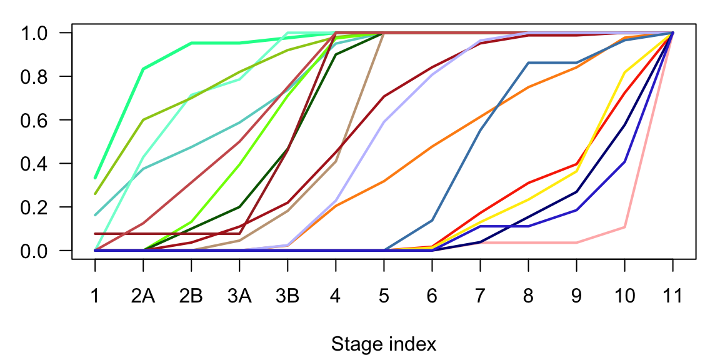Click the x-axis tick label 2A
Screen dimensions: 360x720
pyautogui.click(x=143, y=295)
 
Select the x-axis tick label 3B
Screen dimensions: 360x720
pyautogui.click(x=287, y=295)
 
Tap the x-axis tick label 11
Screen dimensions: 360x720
pyautogui.click(x=672, y=295)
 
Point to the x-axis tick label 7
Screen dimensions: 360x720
pyautogui.click(x=480, y=295)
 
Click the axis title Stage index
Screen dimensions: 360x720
pyautogui.click(x=384, y=344)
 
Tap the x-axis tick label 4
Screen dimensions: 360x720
pyautogui.click(x=336, y=295)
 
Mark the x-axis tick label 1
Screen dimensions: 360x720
pyautogui.click(x=95, y=295)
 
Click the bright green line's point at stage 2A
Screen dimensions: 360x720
pyautogui.click(x=143, y=69)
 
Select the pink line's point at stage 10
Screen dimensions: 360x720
pyautogui.click(x=624, y=227)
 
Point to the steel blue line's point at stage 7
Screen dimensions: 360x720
pyautogui.click(x=480, y=130)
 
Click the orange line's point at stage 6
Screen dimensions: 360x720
pyautogui.click(x=432, y=146)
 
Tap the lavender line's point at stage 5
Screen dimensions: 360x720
pyautogui.click(x=384, y=122)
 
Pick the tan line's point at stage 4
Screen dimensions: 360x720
pyautogui.click(x=336, y=162)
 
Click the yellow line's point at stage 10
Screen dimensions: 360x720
pyautogui.click(x=624, y=72)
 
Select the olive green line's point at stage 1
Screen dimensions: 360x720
pyautogui.click(x=95, y=194)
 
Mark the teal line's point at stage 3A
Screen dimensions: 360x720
pyautogui.click(x=239, y=122)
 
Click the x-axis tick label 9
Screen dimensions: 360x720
pyautogui.click(x=576, y=295)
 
